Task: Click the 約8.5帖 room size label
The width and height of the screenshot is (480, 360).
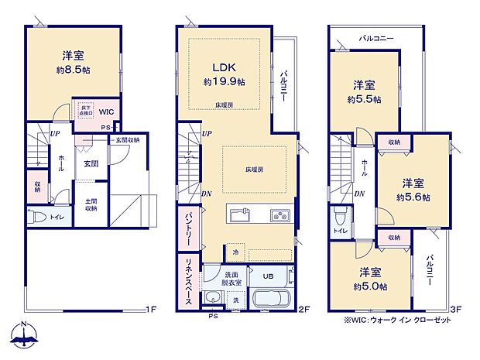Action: click(x=74, y=69)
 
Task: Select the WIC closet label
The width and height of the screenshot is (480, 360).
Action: click(x=107, y=111)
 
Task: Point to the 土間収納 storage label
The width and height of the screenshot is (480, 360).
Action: click(x=90, y=204)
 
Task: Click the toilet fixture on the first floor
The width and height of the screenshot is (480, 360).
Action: click(x=36, y=218)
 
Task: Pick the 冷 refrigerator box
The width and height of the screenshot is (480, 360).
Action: click(x=235, y=252)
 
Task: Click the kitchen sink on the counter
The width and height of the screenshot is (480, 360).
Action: click(x=238, y=214)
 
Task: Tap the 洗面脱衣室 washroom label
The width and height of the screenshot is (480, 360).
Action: click(x=231, y=279)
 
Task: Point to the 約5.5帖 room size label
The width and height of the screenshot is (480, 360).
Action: click(x=363, y=99)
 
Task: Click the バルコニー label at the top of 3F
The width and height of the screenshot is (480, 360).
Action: click(x=376, y=38)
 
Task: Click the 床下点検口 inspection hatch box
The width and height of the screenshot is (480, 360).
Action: click(x=85, y=110)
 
